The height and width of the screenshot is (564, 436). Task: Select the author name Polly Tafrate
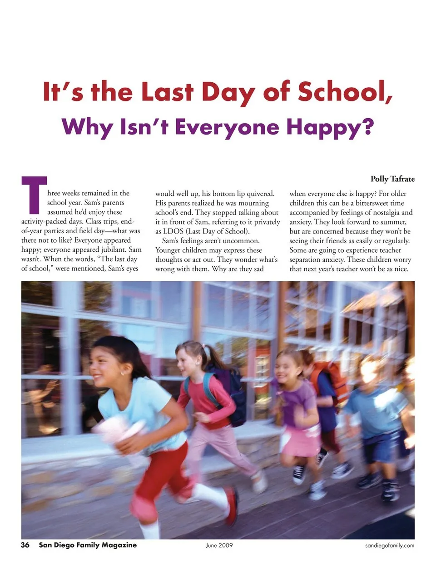[x=392, y=179]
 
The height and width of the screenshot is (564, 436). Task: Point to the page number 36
[x=25, y=545]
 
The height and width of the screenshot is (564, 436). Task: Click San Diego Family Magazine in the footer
[x=88, y=545]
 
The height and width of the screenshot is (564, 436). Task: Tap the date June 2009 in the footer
[x=219, y=545]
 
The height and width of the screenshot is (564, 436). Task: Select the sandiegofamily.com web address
[x=390, y=545]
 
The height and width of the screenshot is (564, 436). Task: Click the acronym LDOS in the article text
[x=173, y=231]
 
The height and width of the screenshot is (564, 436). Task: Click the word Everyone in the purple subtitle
[x=227, y=127]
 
